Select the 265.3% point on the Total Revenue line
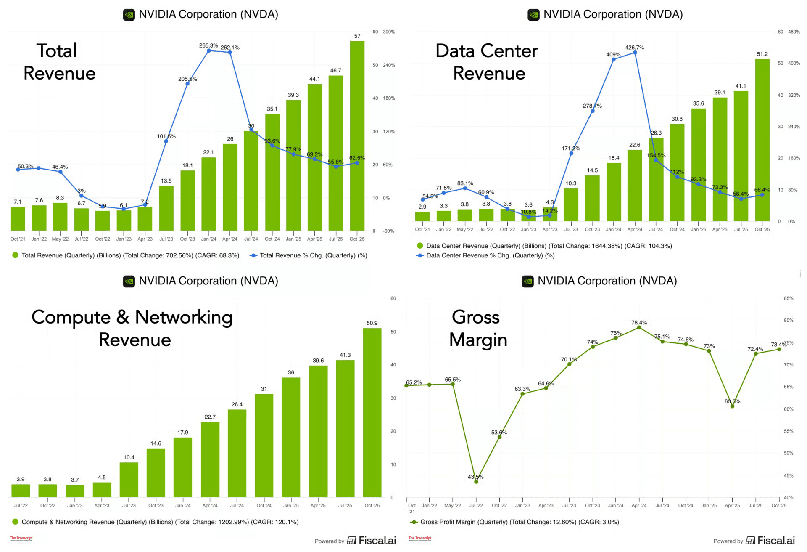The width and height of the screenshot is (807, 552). tap(209, 51)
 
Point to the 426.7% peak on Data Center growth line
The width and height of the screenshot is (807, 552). tap(635, 53)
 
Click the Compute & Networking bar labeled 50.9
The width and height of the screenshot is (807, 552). tap(372, 412)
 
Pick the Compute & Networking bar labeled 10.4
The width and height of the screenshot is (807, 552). tap(129, 480)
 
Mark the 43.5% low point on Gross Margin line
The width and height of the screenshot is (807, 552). tap(476, 482)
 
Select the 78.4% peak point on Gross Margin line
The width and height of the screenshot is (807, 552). tap(639, 327)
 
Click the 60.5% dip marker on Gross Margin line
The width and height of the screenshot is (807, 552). tap(732, 406)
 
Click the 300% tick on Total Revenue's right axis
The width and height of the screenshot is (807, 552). tap(389, 32)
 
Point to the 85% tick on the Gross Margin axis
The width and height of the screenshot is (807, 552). tap(789, 298)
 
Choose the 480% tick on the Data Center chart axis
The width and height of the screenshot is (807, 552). tap(794, 32)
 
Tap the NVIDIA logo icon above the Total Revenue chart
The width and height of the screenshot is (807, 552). tap(129, 15)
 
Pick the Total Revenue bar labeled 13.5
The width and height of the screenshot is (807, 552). tap(166, 208)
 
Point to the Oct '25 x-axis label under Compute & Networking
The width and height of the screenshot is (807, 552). tap(372, 506)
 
